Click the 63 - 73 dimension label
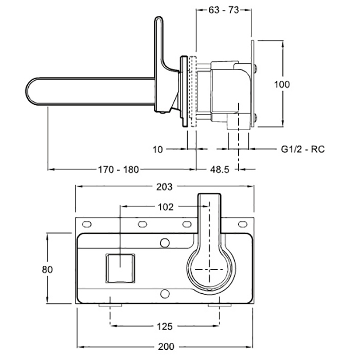(x=224, y=10)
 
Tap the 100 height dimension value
(x=282, y=84)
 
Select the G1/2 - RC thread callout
(x=303, y=149)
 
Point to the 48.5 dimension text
(x=220, y=170)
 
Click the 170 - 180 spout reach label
(x=118, y=170)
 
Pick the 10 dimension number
(x=158, y=150)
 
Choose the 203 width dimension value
(x=165, y=187)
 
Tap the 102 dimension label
(x=166, y=207)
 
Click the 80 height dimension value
(x=47, y=269)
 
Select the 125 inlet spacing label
(x=165, y=326)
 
